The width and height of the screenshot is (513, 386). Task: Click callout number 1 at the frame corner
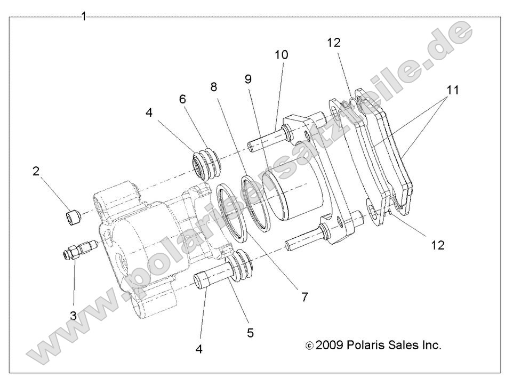[84, 17]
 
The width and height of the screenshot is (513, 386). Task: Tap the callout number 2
[36, 171]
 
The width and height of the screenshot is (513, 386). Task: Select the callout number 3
[74, 315]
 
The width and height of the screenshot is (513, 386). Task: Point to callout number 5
[250, 333]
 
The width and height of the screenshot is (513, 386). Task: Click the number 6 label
[182, 99]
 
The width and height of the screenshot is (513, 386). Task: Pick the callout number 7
[304, 297]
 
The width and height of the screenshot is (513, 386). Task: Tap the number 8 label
[214, 86]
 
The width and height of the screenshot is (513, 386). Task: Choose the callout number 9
[248, 79]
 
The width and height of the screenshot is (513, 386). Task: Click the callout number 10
[281, 54]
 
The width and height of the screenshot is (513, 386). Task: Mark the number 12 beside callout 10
[334, 43]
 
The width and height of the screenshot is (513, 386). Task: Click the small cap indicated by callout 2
[74, 217]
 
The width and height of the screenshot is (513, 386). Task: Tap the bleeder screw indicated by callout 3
[76, 250]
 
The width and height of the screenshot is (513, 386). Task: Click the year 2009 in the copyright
[330, 345]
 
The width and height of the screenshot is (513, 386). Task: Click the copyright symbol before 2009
[309, 346]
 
